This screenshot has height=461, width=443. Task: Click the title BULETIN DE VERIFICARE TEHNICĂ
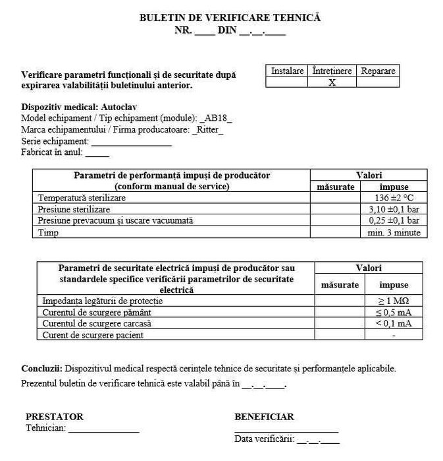click(230, 18)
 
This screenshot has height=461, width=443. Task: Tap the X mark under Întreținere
click(332, 82)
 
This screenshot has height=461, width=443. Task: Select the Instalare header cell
click(288, 71)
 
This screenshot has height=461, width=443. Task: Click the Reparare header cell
click(378, 71)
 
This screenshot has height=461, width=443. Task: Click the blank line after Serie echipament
click(132, 142)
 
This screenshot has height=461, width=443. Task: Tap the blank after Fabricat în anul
click(97, 153)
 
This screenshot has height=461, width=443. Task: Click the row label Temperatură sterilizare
click(82, 198)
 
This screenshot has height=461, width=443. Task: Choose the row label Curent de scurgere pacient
click(93, 335)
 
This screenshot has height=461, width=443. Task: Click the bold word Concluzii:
click(42, 369)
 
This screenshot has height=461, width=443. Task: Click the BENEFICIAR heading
click(264, 417)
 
